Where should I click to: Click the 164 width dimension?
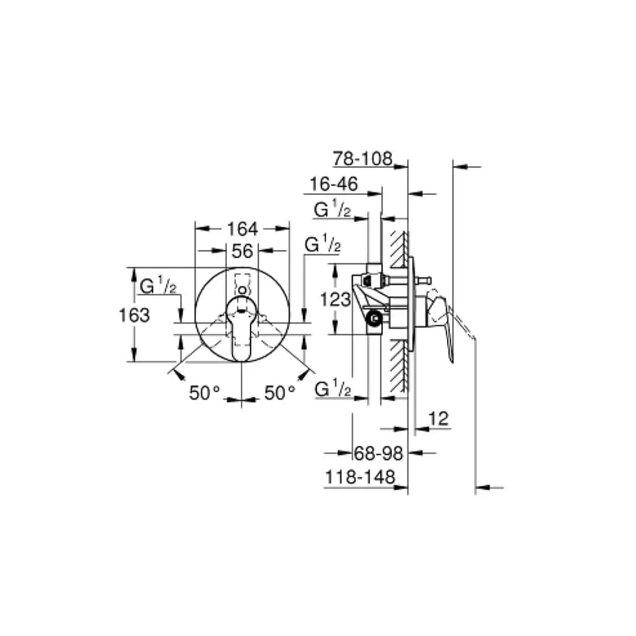tap(243, 229)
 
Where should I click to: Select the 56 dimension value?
tap(242, 251)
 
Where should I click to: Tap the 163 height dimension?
tap(134, 315)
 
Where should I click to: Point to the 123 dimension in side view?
tap(335, 299)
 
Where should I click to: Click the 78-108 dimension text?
tap(363, 159)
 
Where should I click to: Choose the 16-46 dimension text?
tap(334, 184)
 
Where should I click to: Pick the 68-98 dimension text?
tap(378, 453)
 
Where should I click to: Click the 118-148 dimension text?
tap(359, 477)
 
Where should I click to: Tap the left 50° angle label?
tap(204, 393)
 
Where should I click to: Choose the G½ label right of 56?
tap(323, 245)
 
